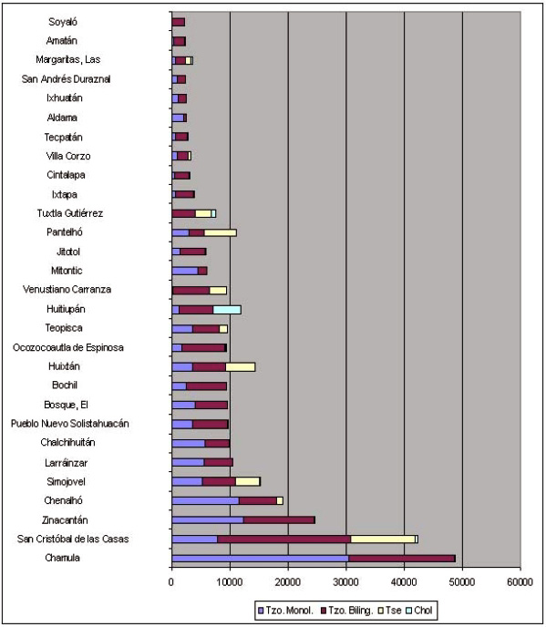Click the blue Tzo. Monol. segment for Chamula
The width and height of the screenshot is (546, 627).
[260, 559]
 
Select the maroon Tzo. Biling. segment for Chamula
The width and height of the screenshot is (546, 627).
[402, 559]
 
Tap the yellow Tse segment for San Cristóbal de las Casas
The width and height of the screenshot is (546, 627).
[383, 539]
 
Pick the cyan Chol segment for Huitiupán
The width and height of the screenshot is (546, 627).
[227, 310]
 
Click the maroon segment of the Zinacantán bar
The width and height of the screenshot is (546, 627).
[279, 519]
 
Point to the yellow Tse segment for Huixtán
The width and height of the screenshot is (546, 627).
[241, 366]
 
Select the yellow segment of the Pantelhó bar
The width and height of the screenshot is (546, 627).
[221, 232]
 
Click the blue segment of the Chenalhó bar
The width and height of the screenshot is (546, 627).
[206, 500]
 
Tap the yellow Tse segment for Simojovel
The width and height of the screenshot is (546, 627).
[248, 481]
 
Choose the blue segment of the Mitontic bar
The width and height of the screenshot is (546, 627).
[185, 271]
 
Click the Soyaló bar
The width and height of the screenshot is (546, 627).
[179, 22]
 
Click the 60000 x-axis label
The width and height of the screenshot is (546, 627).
[520, 581]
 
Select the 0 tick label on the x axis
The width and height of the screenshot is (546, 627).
[171, 581]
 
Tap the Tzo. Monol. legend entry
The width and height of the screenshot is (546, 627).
[285, 611]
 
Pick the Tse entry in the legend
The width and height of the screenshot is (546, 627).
[389, 611]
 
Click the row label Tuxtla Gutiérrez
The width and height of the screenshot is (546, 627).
[70, 213]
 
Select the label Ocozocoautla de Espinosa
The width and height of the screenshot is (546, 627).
[68, 347]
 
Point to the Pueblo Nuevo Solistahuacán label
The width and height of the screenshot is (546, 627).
[70, 424]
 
